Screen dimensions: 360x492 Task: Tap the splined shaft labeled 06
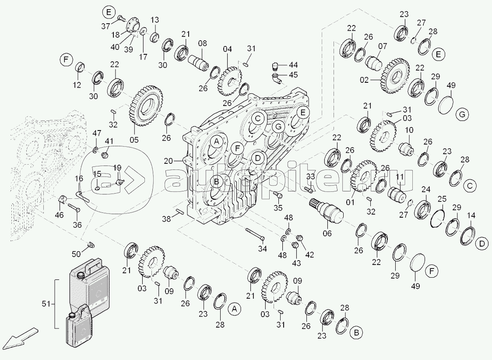(328, 211)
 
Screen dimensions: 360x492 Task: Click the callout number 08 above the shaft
(203, 43)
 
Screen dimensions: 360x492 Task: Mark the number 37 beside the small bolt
(106, 26)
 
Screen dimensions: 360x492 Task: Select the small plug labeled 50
(91, 244)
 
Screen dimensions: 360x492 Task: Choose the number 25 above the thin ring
(442, 199)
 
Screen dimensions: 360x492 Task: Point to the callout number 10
(409, 131)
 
